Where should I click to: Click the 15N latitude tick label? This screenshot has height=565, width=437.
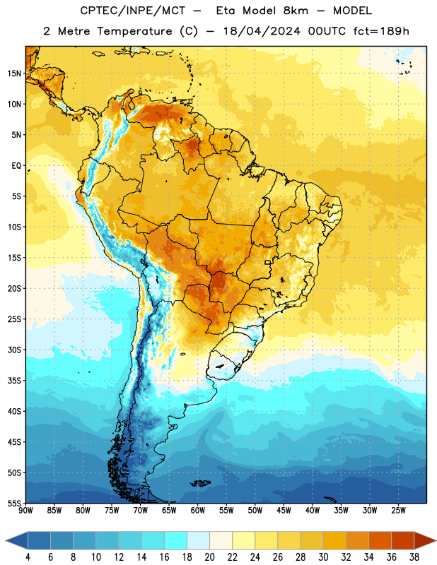pyautogui.click(x=13, y=73)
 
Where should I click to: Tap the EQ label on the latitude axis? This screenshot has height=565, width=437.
pyautogui.click(x=16, y=166)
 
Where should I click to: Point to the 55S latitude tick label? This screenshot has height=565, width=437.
pyautogui.click(x=13, y=503)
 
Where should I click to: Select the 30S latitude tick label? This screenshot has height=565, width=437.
pyautogui.click(x=13, y=350)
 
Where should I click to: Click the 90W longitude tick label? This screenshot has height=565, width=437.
pyautogui.click(x=25, y=511)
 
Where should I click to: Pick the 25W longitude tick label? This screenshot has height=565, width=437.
pyautogui.click(x=398, y=511)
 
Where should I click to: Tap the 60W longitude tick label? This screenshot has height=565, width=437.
pyautogui.click(x=198, y=511)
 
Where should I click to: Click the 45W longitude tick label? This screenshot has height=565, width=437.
pyautogui.click(x=284, y=511)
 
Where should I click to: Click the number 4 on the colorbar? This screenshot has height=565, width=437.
pyautogui.click(x=28, y=557)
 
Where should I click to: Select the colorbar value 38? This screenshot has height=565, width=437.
pyautogui.click(x=414, y=557)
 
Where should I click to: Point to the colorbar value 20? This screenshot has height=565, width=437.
pyautogui.click(x=209, y=557)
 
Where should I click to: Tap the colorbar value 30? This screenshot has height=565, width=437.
pyautogui.click(x=323, y=557)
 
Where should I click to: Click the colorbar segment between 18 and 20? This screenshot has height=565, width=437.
pyautogui.click(x=198, y=540)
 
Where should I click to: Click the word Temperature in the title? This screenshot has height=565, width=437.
pyautogui.click(x=134, y=31)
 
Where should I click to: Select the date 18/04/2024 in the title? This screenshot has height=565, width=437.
pyautogui.click(x=262, y=31)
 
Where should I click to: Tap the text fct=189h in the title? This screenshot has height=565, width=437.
pyautogui.click(x=381, y=31)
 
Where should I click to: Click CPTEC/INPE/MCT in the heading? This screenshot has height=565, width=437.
pyautogui.click(x=133, y=11)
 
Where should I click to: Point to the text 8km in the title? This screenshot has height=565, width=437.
pyautogui.click(x=296, y=11)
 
